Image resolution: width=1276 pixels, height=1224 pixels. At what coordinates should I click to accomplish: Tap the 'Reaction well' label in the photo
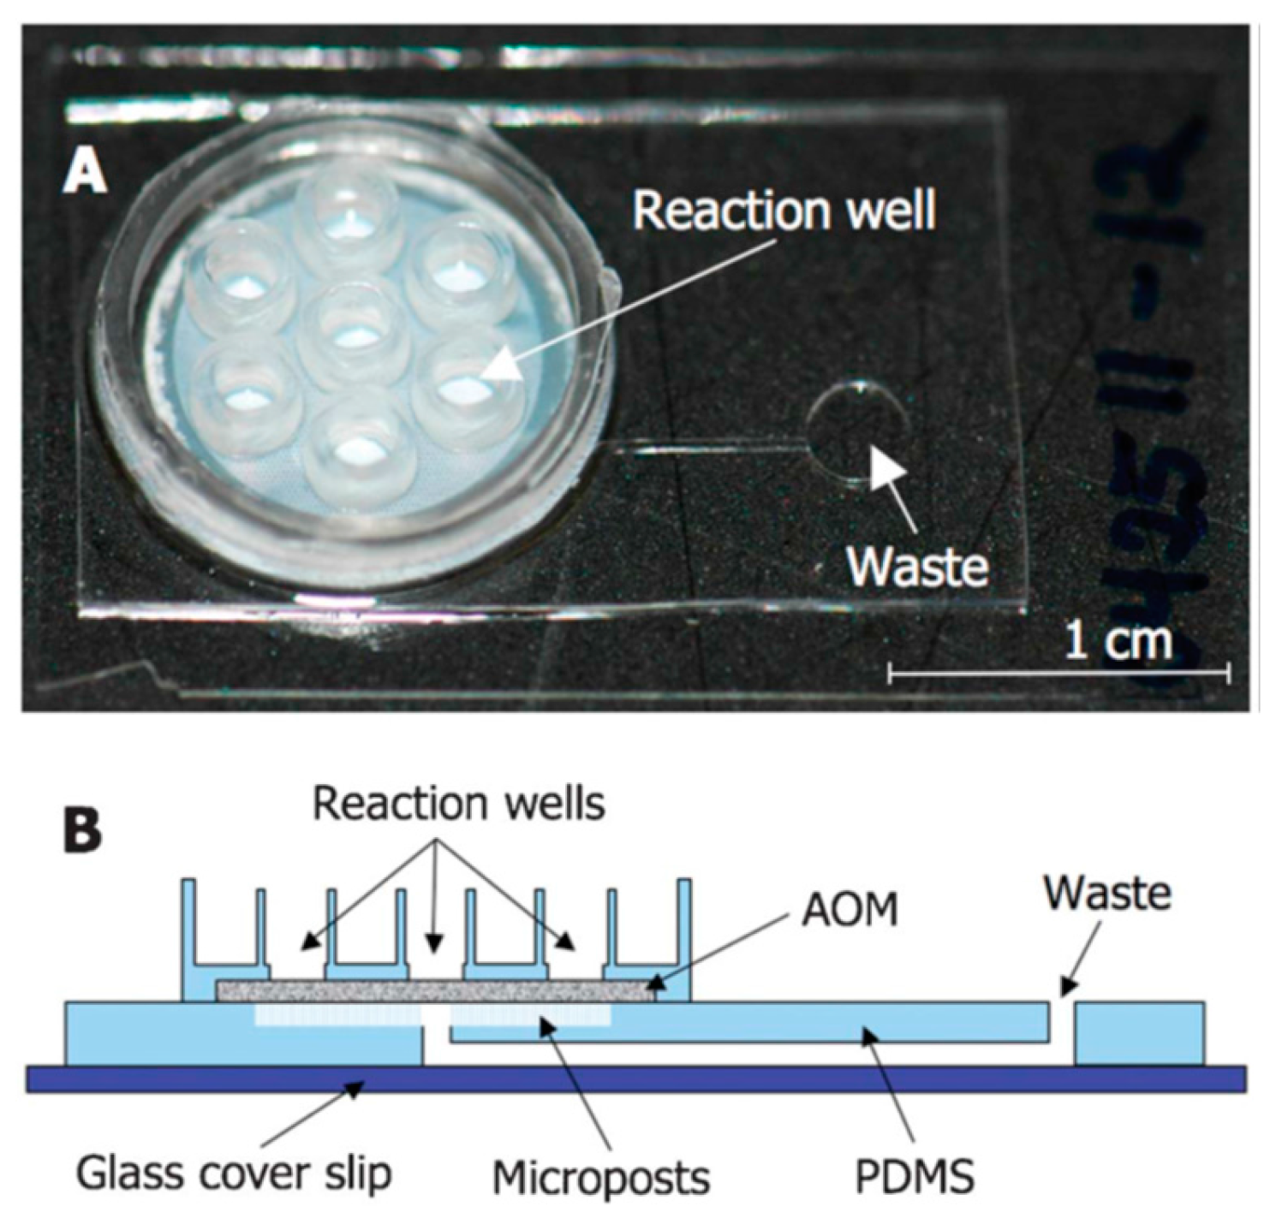(784, 211)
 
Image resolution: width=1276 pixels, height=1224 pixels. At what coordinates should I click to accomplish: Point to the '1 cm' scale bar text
(1118, 639)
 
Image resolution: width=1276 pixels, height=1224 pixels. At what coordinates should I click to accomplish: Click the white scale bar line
(1058, 673)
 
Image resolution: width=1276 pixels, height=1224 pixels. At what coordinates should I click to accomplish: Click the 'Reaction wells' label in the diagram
(459, 804)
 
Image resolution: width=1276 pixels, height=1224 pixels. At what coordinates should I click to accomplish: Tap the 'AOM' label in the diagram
(849, 910)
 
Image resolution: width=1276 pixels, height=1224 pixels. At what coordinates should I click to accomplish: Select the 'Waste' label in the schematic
(1106, 893)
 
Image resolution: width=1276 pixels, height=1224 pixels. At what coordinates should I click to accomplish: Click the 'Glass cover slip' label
(233, 1173)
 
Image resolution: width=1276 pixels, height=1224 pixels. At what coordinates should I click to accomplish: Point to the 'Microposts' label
(601, 1178)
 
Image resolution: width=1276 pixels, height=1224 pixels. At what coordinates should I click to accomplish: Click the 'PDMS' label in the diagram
(915, 1178)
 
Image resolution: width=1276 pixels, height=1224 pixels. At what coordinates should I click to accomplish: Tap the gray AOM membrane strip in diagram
(437, 991)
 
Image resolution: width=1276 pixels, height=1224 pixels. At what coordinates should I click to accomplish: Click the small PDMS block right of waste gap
(1140, 1033)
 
